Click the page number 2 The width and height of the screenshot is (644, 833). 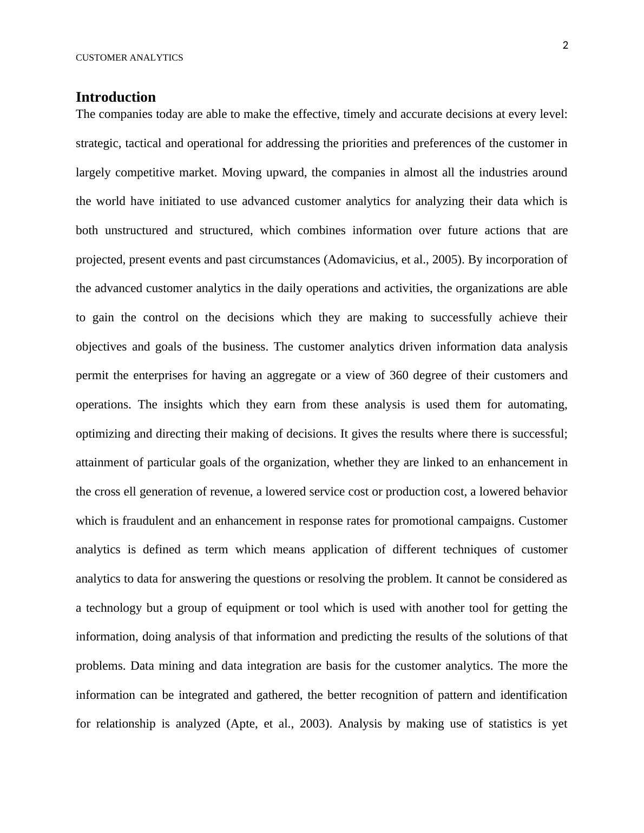[566, 45]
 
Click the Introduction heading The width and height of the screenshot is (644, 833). [115, 97]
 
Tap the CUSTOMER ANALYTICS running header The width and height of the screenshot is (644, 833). [129, 58]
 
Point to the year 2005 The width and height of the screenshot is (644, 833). [447, 260]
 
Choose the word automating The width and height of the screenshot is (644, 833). [537, 405]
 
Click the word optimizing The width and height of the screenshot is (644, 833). [102, 434]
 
